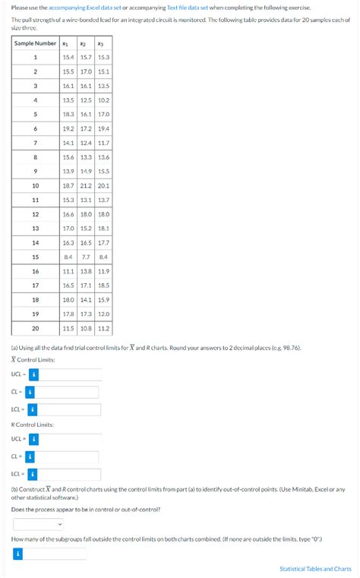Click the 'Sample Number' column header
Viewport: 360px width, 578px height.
click(35, 43)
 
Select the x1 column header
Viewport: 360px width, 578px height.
click(68, 43)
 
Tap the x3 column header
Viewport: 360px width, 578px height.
click(103, 43)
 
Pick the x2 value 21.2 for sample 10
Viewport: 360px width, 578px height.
click(85, 185)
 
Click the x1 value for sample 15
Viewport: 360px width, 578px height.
click(68, 257)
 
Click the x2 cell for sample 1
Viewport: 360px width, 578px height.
click(85, 57)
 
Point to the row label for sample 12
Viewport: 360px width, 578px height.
click(35, 214)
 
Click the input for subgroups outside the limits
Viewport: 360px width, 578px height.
click(60, 554)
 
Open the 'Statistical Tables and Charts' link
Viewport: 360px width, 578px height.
click(315, 568)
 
